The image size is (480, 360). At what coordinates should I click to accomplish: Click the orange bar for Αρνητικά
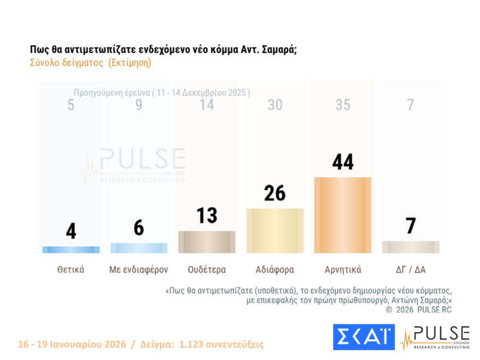[x=343, y=215]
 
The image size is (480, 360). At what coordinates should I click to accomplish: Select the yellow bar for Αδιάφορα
[x=275, y=231]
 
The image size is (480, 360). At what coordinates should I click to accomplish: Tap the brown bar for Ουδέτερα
[x=207, y=242]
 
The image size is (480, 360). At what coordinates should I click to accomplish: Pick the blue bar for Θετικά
[x=71, y=250]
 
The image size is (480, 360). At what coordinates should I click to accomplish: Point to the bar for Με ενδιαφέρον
[x=139, y=248]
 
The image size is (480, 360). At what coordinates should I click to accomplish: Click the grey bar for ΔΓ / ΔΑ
[x=411, y=247]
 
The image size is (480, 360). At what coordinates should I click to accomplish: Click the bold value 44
[x=343, y=162]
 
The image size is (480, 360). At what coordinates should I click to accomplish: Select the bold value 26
[x=275, y=193]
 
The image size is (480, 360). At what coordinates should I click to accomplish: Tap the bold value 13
[x=207, y=215]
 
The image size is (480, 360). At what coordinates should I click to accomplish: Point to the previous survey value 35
[x=343, y=105]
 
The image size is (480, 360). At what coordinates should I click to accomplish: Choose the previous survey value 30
[x=275, y=105]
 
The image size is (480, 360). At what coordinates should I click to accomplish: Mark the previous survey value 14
[x=207, y=105]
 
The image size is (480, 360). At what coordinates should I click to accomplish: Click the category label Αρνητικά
[x=343, y=269]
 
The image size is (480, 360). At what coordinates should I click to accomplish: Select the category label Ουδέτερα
[x=207, y=269]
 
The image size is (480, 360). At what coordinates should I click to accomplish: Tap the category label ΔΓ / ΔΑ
[x=411, y=269]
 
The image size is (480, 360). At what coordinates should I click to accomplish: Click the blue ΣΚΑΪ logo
[x=363, y=337]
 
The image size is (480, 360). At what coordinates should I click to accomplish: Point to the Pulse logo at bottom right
[x=435, y=337]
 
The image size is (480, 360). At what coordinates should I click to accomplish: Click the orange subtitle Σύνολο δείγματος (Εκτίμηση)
[x=91, y=63]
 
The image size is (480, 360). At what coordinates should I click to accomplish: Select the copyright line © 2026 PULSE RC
[x=418, y=310]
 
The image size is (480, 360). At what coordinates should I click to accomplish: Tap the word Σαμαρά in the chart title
[x=279, y=49]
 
